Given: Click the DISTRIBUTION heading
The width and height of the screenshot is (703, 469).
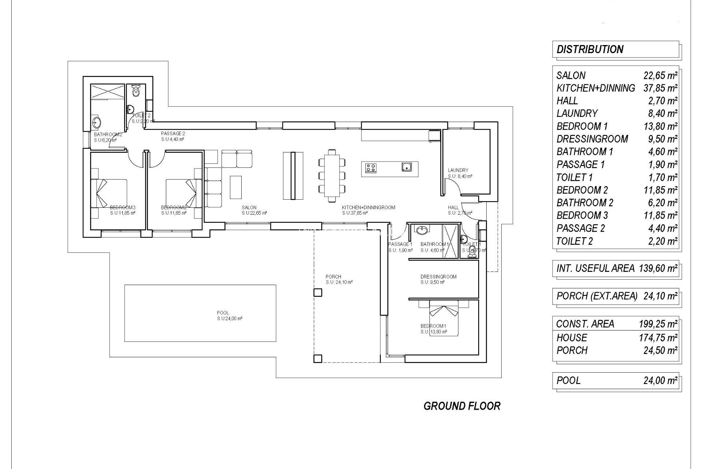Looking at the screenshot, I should tap(589, 49).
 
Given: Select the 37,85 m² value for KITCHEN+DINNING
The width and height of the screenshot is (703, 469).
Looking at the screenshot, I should tap(660, 88).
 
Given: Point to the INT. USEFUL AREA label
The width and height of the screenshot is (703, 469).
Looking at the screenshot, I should tap(595, 269).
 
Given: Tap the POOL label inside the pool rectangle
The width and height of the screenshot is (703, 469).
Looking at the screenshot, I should tap(223, 313).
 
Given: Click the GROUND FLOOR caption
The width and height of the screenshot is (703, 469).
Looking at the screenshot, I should tap(462, 406).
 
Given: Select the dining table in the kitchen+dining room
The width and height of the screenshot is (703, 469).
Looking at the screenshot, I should tap(332, 176).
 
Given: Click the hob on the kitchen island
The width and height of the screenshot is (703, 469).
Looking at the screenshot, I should tap(370, 168).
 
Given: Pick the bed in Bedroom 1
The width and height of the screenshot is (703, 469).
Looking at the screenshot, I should tap(443, 317).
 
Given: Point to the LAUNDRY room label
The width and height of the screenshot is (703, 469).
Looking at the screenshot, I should tap(458, 170).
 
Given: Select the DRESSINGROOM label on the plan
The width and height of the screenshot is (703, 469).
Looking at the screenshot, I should tap(438, 277).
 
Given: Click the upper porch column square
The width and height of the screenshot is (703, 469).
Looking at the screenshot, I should tap(317, 292).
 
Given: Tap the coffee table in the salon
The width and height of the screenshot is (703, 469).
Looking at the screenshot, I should tap(235, 187).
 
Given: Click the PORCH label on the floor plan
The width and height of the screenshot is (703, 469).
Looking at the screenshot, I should tap(333, 277).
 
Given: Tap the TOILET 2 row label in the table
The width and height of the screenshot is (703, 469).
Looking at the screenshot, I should tap(574, 241).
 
